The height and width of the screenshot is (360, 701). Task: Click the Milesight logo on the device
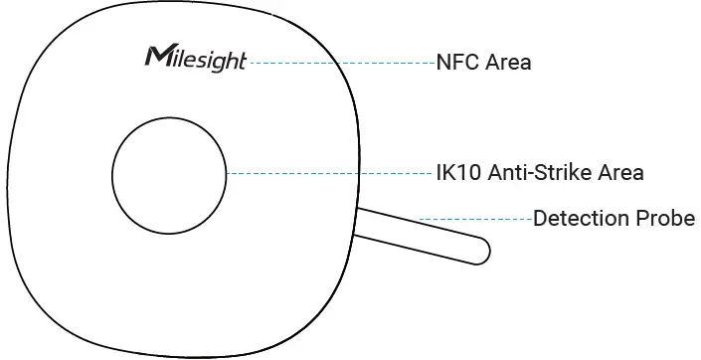click(x=195, y=57)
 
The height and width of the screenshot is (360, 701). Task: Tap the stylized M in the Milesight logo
click(x=156, y=55)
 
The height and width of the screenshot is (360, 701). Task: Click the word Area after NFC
click(x=509, y=63)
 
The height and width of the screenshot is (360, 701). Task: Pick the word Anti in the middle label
click(x=504, y=173)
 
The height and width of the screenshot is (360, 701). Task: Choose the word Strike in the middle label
click(x=560, y=173)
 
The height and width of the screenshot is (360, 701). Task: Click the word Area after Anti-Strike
click(x=619, y=173)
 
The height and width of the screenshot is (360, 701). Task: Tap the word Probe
click(x=665, y=219)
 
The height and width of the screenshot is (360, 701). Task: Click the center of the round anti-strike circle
click(x=169, y=173)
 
